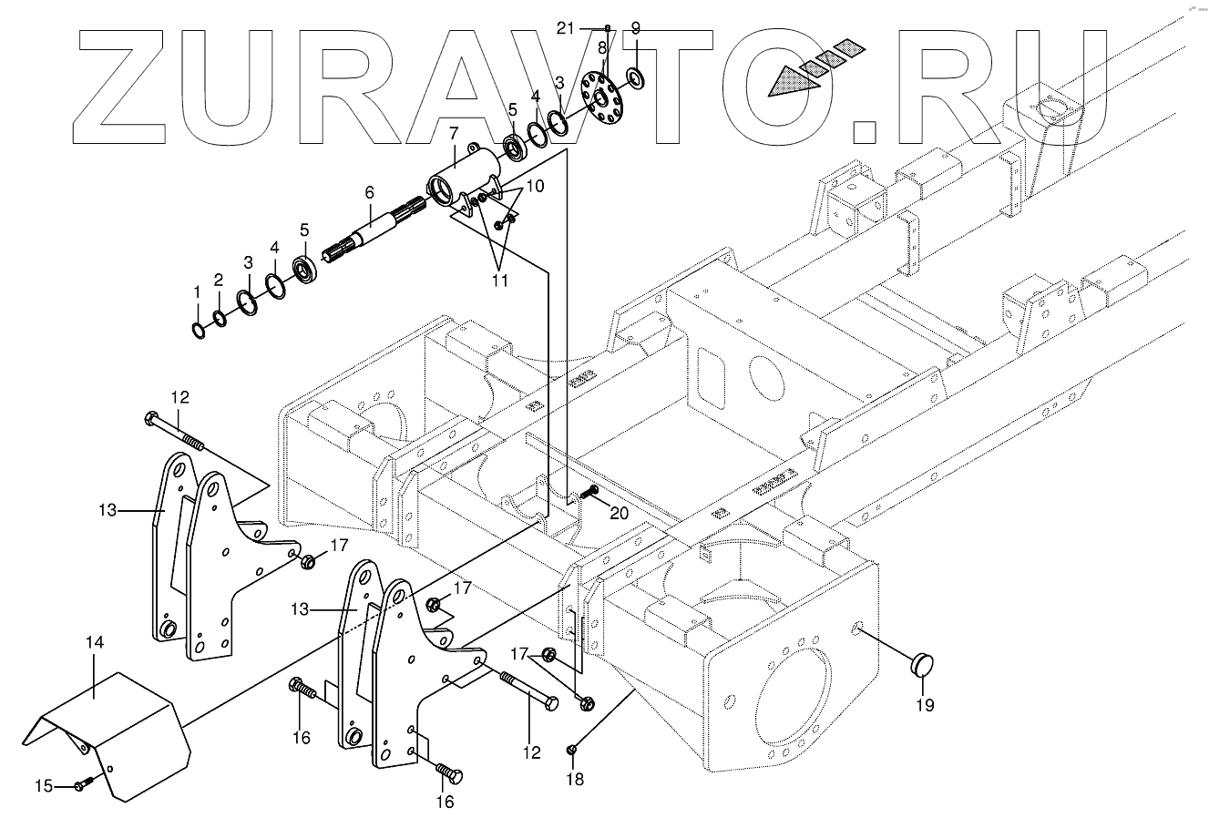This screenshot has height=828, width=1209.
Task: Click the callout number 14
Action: pos(96,643)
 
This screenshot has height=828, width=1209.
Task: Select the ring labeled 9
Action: pos(635,78)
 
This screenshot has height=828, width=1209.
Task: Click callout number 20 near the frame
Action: pos(619,514)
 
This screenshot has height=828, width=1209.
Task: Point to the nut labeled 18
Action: pos(572,750)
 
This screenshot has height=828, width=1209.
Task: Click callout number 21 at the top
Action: pos(566,28)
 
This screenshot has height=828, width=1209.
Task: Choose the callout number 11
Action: pos(500,281)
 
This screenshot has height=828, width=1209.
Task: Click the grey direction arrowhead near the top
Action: pos(788,84)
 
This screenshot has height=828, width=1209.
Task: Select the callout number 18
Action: pos(574,780)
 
